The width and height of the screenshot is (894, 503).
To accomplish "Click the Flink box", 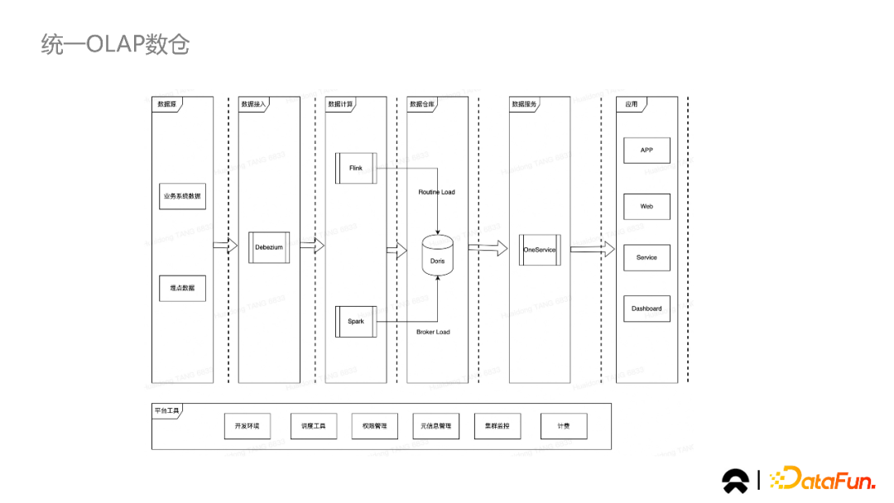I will coord(356,168).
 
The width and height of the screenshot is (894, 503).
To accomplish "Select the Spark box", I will coord(356,321).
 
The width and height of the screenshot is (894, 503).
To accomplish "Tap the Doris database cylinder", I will coord(438,256).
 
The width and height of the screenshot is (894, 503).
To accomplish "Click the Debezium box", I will coord(269,247).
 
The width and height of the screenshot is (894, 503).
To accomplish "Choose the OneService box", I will coord(540,250).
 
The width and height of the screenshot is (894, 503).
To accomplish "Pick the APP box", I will coord(646,151).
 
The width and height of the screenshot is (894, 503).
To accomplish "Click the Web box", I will coord(646,207).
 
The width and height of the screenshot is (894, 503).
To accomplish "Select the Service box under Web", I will coord(646,257).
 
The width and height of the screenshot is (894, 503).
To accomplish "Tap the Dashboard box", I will coord(646,309).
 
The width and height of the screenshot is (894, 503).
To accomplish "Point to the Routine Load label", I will coord(436,192).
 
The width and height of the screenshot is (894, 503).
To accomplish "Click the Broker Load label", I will coord(433,332).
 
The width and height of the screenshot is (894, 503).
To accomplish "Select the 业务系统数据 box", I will coord(183,196).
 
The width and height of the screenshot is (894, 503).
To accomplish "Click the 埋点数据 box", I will coord(183,288).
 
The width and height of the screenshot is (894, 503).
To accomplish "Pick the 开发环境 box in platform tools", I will coord(247,426).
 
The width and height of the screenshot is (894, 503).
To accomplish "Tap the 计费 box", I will coord(563,426).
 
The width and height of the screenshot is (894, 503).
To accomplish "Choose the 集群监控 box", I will coord(497,426).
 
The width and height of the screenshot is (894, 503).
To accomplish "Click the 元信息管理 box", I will coord(435,426).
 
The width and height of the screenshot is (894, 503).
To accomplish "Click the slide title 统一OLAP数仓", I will coord(115,44).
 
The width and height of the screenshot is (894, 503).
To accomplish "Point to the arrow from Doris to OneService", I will coord(488,247).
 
